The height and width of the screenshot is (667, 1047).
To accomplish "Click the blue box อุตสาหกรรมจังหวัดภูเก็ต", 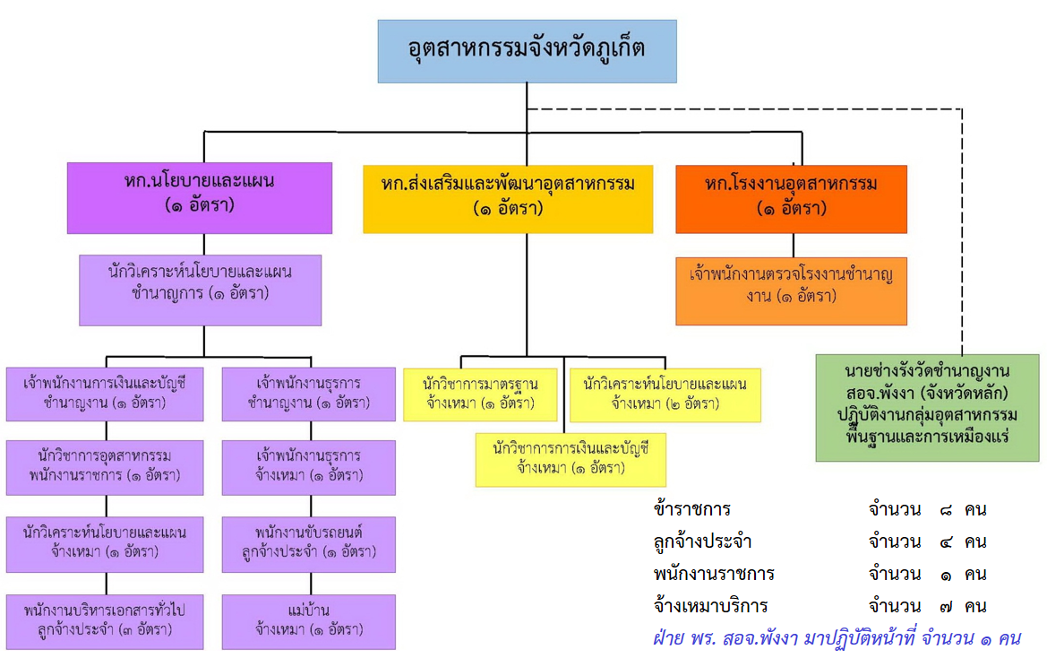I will click(527, 51).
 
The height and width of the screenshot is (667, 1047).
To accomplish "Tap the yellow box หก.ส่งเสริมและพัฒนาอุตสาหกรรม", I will click(507, 196).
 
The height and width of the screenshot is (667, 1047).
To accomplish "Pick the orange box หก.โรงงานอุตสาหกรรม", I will click(791, 198).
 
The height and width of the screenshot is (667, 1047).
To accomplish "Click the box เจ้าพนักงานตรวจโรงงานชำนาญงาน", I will click(791, 290).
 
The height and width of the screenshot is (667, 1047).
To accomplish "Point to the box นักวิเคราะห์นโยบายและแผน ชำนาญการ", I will click(200, 290).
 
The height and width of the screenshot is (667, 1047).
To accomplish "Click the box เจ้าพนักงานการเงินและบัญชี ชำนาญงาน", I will click(105, 394).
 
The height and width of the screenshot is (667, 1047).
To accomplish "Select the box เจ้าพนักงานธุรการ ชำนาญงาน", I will click(308, 394).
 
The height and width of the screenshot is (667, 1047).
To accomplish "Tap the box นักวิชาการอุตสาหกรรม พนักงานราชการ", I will click(105, 467).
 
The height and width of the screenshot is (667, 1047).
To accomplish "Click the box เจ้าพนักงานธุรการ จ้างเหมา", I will click(308, 467).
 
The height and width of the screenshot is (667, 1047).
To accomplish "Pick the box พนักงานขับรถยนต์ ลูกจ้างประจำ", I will click(308, 544).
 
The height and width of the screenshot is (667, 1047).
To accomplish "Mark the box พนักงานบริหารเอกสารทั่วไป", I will click(105, 620).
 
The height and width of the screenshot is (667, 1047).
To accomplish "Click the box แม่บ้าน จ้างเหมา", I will click(308, 620).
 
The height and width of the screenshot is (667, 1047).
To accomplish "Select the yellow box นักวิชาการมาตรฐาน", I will click(481, 394).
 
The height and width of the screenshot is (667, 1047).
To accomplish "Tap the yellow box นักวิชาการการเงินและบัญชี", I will click(571, 459).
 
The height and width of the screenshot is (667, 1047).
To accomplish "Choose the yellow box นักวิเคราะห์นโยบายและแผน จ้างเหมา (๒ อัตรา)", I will click(665, 394).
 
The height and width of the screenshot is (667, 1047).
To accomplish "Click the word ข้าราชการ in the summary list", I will click(692, 510).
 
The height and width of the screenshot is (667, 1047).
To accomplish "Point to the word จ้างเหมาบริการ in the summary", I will click(710, 606).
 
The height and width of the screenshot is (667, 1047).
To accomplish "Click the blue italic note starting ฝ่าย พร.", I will click(837, 638).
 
